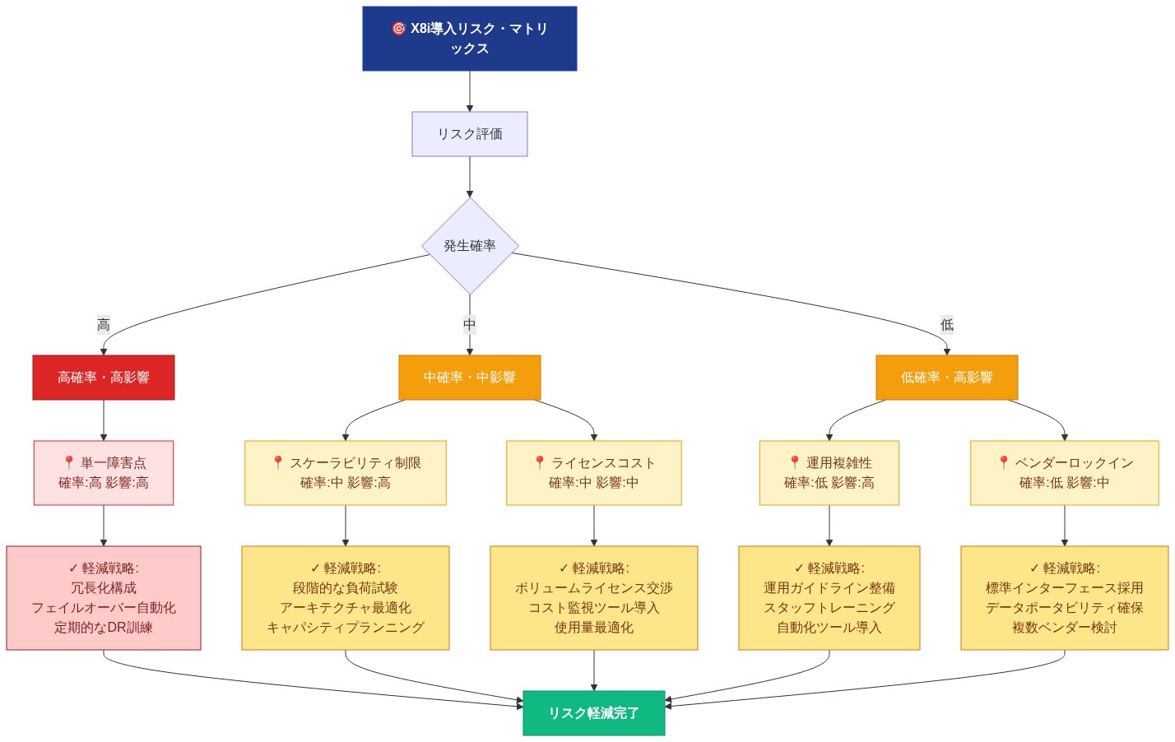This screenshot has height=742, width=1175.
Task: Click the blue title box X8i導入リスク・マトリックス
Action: tap(469, 39)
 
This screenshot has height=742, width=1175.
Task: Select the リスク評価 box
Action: tap(469, 134)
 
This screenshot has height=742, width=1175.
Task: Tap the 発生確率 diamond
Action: tap(470, 246)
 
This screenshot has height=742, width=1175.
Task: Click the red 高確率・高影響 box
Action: tap(104, 378)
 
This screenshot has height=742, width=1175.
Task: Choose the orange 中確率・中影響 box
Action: tap(469, 378)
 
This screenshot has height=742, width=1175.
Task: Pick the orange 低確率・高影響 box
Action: tap(946, 378)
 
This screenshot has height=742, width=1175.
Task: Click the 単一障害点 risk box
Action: tap(104, 473)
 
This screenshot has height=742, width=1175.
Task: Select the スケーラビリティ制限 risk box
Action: tap(346, 473)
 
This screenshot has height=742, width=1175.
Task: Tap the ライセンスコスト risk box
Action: tap(593, 473)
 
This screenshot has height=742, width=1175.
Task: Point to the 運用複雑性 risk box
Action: tap(829, 473)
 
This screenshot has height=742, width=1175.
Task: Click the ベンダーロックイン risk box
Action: tap(1064, 473)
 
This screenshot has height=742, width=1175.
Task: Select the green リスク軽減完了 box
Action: tap(593, 713)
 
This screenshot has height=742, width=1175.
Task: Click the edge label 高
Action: tap(104, 325)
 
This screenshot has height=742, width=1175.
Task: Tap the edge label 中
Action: tap(469, 325)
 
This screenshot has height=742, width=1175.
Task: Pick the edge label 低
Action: tap(946, 325)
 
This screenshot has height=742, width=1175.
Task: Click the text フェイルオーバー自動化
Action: tap(104, 608)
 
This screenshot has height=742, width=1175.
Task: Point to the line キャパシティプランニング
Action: tap(346, 628)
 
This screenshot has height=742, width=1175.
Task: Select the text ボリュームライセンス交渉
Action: tap(593, 588)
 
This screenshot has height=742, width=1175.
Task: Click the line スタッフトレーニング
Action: tap(829, 608)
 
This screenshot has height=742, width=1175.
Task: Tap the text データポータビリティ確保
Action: tap(1064, 608)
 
